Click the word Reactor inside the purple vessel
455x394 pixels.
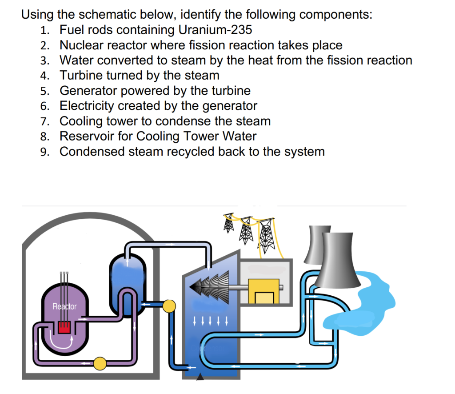click(64, 306)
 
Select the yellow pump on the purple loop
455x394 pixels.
click(100, 363)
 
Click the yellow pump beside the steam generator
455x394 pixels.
click(169, 306)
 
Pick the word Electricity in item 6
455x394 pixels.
click(86, 106)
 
